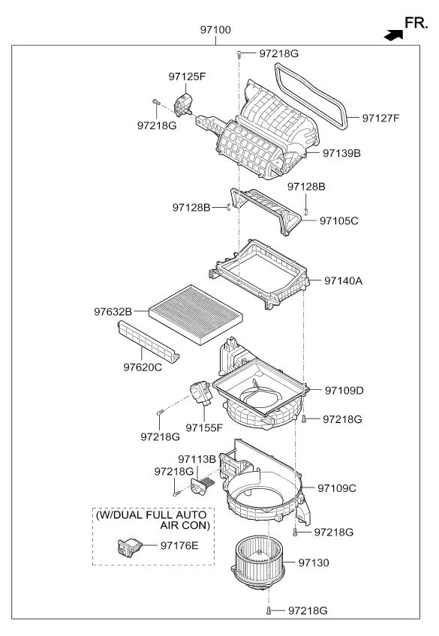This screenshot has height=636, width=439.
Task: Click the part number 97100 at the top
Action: [215, 31]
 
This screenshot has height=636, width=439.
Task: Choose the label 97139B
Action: [342, 153]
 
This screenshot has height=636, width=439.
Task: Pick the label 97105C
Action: [339, 221]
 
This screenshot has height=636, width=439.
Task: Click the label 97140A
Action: [344, 280]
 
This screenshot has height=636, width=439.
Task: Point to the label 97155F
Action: [205, 427]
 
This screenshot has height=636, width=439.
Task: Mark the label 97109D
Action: [344, 391]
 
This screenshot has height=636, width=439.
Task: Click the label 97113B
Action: [197, 458]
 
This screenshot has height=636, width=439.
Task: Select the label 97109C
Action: [337, 488]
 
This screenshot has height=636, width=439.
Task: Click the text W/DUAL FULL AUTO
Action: [151, 515]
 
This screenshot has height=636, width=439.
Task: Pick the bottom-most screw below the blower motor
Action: [268, 612]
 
